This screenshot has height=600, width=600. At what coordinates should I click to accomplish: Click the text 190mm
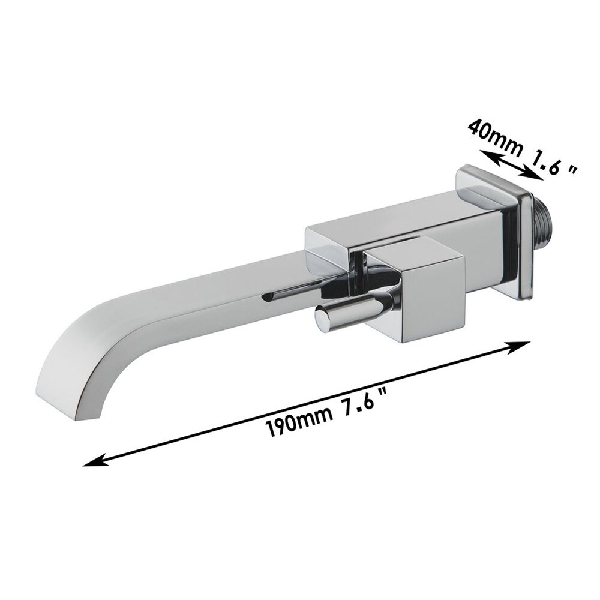pos(298,421)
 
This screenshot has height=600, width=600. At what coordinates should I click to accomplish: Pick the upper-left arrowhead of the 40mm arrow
pos(488,155)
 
